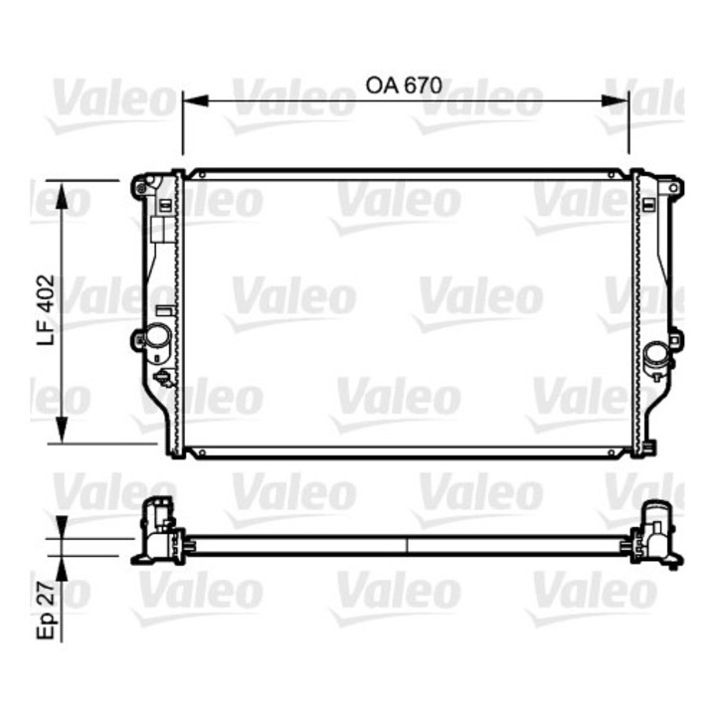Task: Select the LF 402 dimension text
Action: point(45,311)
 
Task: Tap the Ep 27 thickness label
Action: point(45,610)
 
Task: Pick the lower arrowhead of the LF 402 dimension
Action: point(63,431)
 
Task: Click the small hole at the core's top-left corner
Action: point(202,175)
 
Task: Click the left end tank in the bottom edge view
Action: point(159,533)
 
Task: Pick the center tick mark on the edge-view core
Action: point(408,545)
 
